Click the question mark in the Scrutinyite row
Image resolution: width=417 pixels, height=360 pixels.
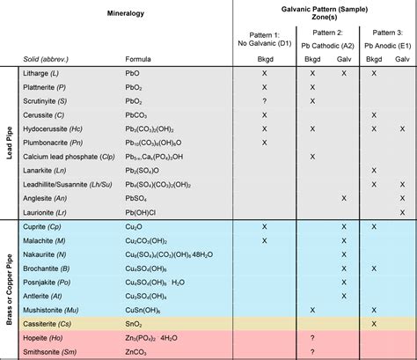[x=264, y=101]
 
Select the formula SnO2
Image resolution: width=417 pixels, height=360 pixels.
[x=135, y=323]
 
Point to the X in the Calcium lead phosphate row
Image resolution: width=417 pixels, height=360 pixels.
[x=311, y=157]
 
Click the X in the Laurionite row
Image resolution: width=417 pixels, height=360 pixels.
[x=401, y=211]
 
